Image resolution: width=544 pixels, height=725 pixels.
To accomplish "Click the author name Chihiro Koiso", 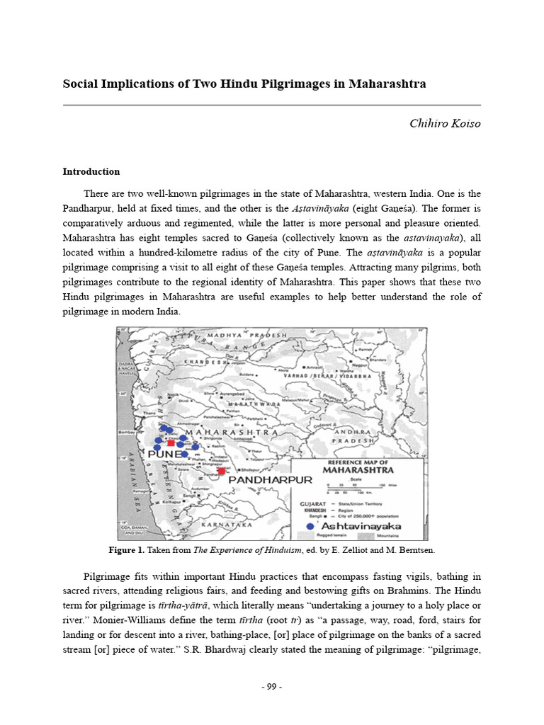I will tap(445, 124).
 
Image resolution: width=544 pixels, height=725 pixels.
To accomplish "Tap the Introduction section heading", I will tap(91, 172).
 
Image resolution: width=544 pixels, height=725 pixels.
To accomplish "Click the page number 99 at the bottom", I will tap(272, 687).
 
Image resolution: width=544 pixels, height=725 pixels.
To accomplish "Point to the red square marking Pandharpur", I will tap(222, 471).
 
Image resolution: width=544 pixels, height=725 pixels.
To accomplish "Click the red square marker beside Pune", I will tap(171, 444).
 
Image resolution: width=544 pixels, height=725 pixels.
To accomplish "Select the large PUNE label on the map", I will tap(166, 455).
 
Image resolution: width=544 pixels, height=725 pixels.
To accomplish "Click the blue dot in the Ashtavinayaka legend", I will tap(310, 527).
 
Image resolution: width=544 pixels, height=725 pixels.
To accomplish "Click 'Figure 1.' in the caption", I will tap(126, 550).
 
